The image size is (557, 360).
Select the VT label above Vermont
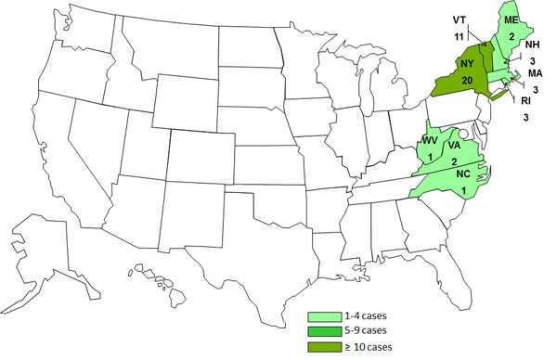[460, 19]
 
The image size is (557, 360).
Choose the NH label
[532, 45]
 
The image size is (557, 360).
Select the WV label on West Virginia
[430, 140]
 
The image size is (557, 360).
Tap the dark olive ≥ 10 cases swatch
[325, 346]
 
